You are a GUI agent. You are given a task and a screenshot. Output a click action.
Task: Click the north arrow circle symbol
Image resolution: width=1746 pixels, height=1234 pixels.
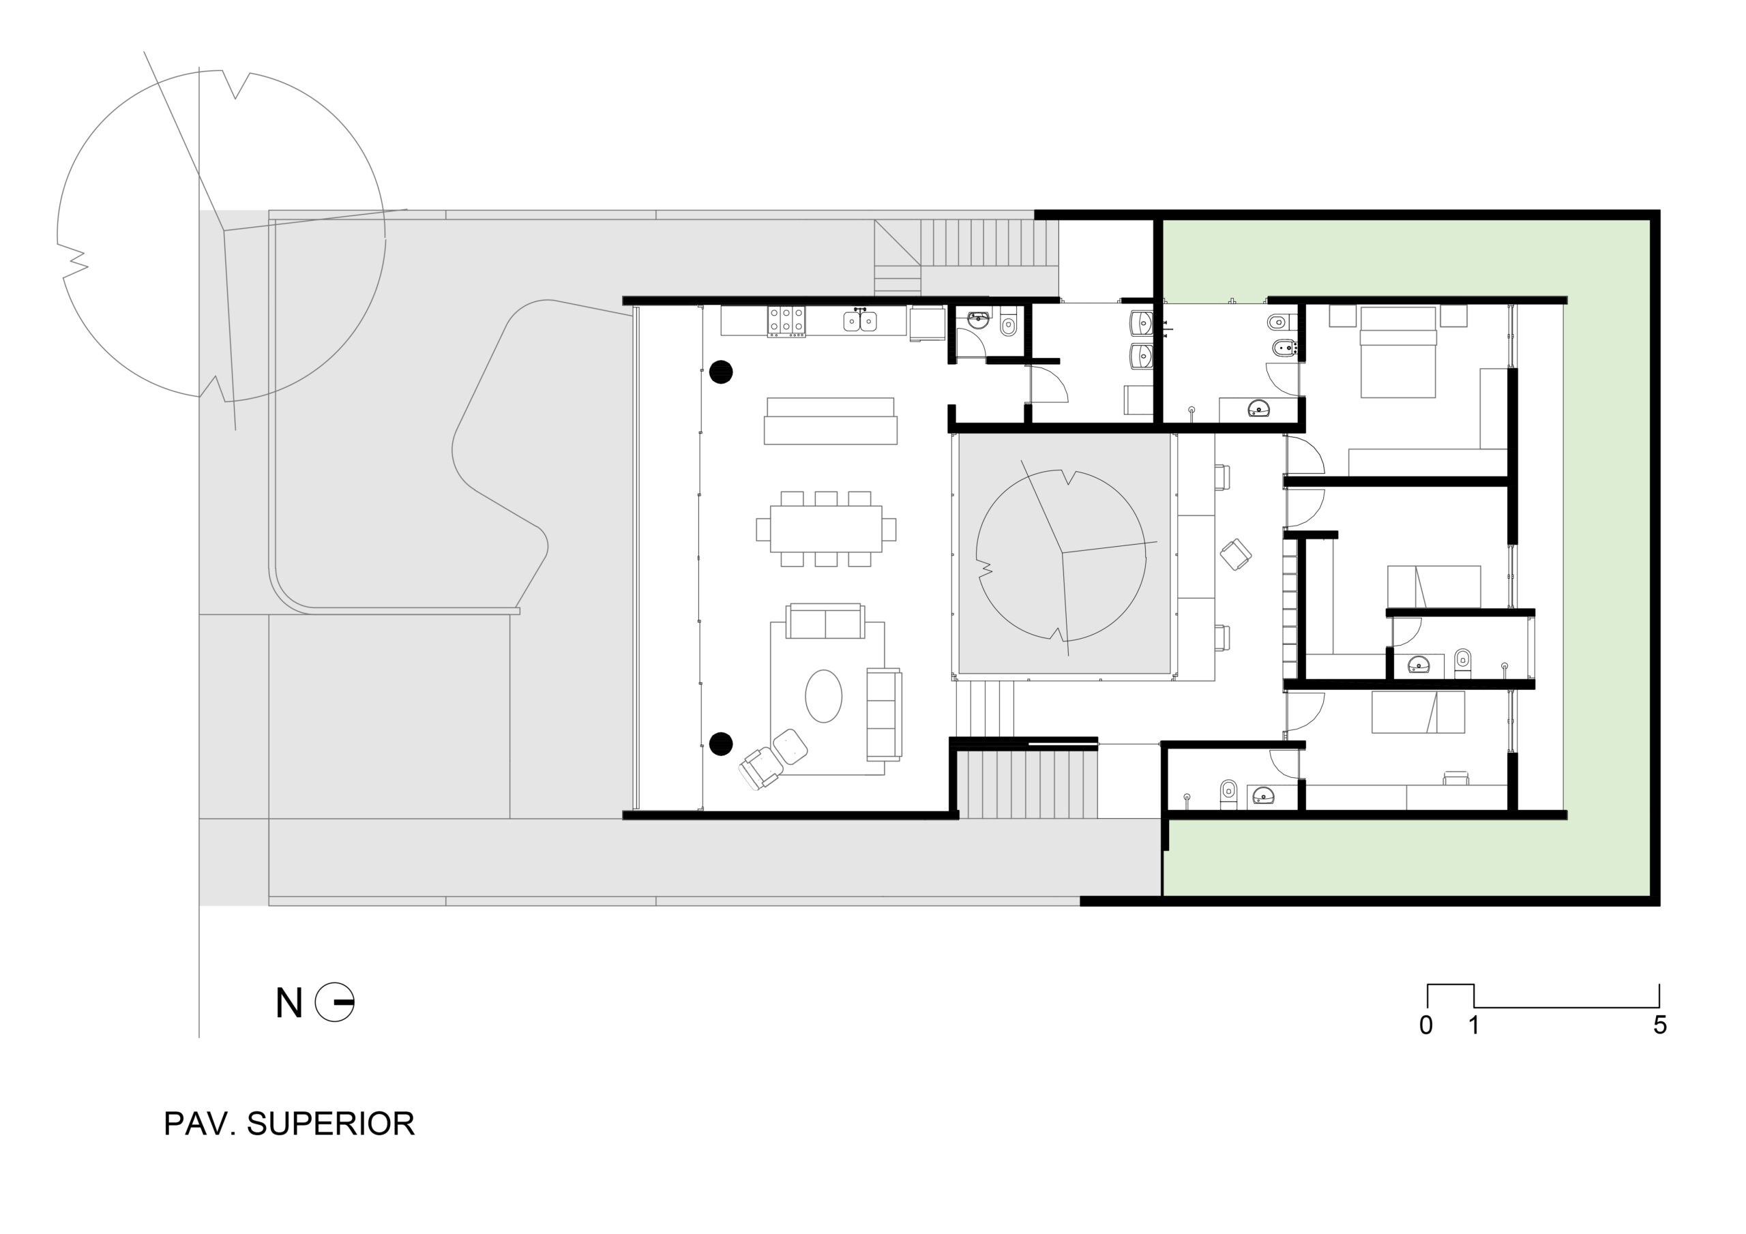[x=335, y=1002]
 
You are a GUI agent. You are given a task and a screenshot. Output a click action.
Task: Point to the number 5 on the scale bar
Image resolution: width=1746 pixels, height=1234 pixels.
[x=1660, y=1025]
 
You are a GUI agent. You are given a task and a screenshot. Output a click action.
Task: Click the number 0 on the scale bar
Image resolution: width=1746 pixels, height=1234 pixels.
[x=1426, y=1025]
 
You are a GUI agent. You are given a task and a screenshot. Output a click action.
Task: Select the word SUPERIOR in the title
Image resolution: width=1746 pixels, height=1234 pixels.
[x=331, y=1124]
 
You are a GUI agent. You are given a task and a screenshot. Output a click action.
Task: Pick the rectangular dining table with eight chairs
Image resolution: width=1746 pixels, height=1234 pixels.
[x=826, y=529]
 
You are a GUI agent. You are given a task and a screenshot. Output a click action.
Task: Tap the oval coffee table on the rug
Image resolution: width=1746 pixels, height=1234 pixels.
[x=824, y=695]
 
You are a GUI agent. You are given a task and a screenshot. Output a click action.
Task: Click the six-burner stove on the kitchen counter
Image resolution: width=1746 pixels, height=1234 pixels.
[x=786, y=321]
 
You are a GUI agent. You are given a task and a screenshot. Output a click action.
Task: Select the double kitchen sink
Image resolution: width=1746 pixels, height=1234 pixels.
[x=860, y=321]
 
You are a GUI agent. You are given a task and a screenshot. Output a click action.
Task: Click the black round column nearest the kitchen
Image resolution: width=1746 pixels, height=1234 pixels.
[x=721, y=372]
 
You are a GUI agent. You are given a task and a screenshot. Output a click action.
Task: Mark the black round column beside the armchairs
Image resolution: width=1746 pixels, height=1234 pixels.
[x=721, y=744]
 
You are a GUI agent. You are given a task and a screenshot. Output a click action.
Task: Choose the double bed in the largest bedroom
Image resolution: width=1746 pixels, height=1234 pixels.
[x=1397, y=352]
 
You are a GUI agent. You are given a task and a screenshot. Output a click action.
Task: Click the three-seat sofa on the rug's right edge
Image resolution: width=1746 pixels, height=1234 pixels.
[x=885, y=714]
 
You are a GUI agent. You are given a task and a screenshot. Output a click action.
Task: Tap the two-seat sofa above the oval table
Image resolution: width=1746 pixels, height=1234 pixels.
[x=825, y=621]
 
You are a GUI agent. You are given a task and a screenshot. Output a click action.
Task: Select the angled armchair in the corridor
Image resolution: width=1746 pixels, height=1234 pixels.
[x=1236, y=554]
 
